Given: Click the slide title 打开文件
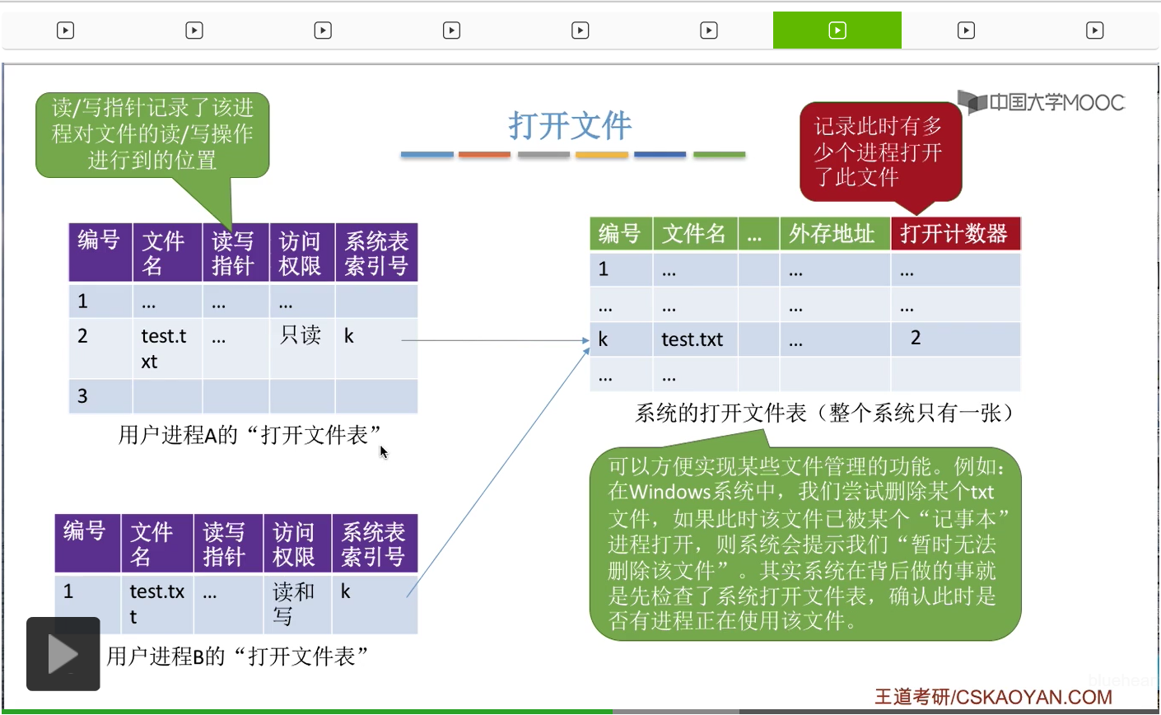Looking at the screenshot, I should tap(570, 126).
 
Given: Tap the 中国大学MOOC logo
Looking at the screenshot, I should tap(1042, 103).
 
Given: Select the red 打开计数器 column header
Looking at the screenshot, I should tap(954, 234).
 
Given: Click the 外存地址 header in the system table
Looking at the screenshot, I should tap(832, 234).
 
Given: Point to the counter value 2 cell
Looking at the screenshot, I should tap(916, 338).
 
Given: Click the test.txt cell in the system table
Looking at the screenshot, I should tap(692, 339).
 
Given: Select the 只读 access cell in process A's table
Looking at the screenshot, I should tap(301, 335).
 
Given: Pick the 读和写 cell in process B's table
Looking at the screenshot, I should tap(294, 603).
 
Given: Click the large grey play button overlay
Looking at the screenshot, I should tap(63, 654).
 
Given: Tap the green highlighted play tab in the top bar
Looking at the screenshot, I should tap(837, 30).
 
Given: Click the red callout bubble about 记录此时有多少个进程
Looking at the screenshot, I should tap(879, 152).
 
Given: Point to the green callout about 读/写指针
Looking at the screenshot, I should tap(152, 133).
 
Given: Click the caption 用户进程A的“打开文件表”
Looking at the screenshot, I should tap(249, 434).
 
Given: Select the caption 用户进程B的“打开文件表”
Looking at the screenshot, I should tap(237, 657).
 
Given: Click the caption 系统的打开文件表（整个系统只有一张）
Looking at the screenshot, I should tap(824, 413).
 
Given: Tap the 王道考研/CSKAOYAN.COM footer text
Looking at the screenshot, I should tap(993, 697).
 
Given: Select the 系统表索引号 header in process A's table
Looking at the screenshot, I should tap(376, 253).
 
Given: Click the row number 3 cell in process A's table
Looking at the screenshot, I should tap(83, 396).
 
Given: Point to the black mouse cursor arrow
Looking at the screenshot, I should tap(383, 451).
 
